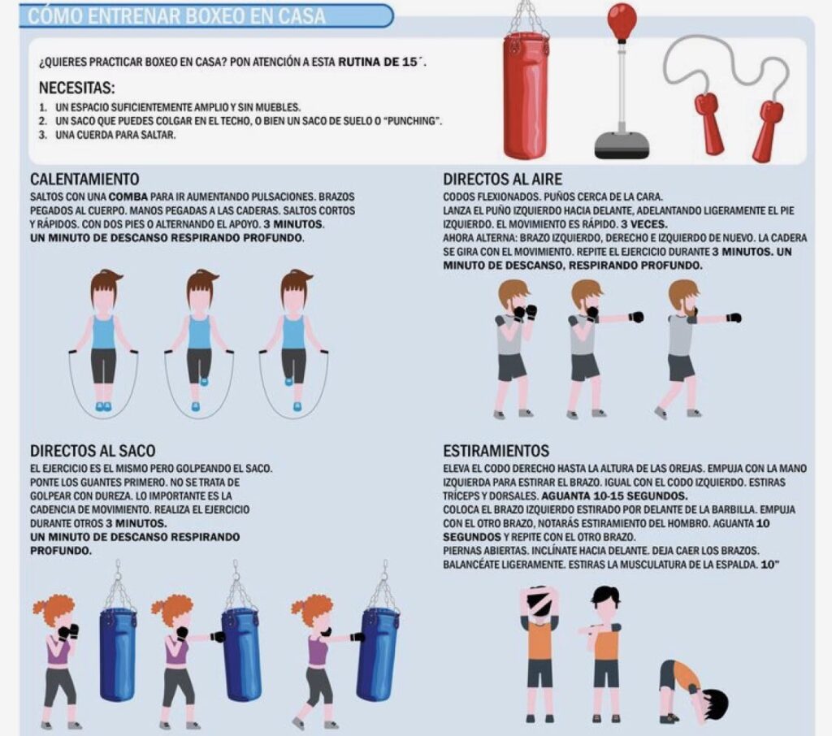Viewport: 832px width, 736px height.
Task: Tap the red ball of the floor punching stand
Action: click(x=622, y=20)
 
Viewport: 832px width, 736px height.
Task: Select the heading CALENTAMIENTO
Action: click(x=84, y=179)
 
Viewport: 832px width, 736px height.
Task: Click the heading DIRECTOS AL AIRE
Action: click(x=502, y=179)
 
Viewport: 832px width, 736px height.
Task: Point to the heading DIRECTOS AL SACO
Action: click(x=93, y=451)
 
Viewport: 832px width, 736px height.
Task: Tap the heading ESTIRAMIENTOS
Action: click(x=496, y=451)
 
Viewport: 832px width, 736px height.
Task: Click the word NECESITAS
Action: click(x=77, y=87)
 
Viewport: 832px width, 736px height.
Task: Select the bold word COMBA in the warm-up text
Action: click(x=128, y=197)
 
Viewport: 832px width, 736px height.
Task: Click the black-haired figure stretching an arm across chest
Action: click(x=604, y=654)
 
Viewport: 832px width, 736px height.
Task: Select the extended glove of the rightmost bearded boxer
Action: click(x=734, y=318)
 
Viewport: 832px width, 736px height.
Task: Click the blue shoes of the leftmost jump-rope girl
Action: click(x=104, y=406)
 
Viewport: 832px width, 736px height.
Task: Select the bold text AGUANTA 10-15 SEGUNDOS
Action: click(x=614, y=496)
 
